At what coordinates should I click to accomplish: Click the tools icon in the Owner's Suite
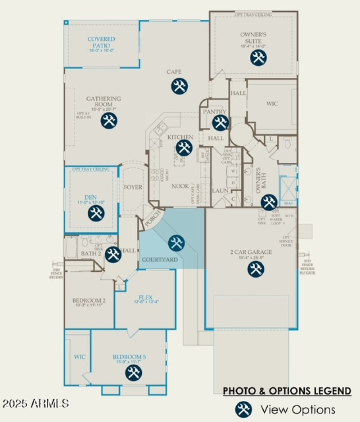[258, 58]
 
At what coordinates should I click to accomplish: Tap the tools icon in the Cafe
[179, 86]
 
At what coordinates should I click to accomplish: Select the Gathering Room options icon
[108, 121]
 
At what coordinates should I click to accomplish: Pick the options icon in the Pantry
[220, 122]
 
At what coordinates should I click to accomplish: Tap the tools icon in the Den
[96, 213]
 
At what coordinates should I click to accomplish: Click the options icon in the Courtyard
[176, 243]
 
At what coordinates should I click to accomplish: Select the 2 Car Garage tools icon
[256, 269]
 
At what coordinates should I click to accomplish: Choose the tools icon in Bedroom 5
[132, 373]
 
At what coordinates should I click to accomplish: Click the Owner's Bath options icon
[269, 202]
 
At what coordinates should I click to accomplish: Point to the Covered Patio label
[101, 42]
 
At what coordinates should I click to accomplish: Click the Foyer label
[133, 187]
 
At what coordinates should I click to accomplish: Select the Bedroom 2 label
[89, 301]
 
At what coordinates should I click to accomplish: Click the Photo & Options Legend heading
[287, 391]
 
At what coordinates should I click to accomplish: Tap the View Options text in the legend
[298, 409]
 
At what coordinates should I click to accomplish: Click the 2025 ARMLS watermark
[36, 403]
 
